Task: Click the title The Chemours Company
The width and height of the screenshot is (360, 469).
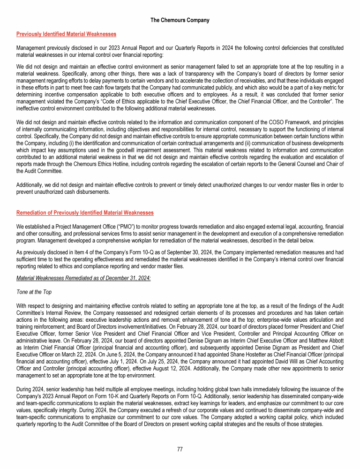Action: click(180, 20)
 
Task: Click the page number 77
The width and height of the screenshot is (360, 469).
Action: click(180, 449)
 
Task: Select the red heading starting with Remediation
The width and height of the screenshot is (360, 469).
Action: click(85, 212)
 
